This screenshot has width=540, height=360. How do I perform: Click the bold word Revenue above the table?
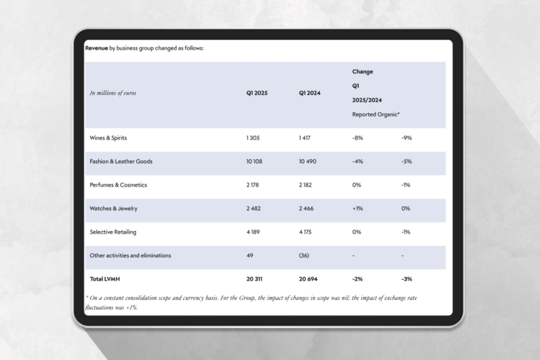(96, 48)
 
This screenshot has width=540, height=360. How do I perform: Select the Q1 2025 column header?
(256, 93)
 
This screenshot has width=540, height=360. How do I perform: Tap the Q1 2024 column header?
(309, 93)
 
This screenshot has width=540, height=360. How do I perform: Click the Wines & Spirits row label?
(108, 138)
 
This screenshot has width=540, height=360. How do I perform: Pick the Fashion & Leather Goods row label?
(121, 162)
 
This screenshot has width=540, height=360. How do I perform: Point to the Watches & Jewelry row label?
(113, 208)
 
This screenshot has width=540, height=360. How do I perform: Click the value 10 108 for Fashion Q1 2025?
(254, 162)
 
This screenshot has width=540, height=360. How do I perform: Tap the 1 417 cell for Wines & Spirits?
(305, 138)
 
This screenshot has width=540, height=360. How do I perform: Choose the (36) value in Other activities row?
(304, 256)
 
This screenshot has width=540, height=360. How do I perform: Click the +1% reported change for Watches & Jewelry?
(357, 208)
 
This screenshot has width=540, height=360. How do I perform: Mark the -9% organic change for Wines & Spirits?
(406, 138)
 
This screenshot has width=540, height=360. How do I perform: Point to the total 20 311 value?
(254, 279)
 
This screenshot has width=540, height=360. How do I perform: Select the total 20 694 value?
(308, 279)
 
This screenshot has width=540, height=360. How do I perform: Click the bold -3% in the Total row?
(406, 279)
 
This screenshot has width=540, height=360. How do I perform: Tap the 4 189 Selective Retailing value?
(253, 232)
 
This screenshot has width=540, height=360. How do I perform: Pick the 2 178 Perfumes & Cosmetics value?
(253, 185)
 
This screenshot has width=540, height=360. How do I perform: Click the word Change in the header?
(363, 72)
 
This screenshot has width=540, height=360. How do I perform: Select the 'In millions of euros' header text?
(113, 93)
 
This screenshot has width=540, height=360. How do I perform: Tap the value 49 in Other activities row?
(250, 256)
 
